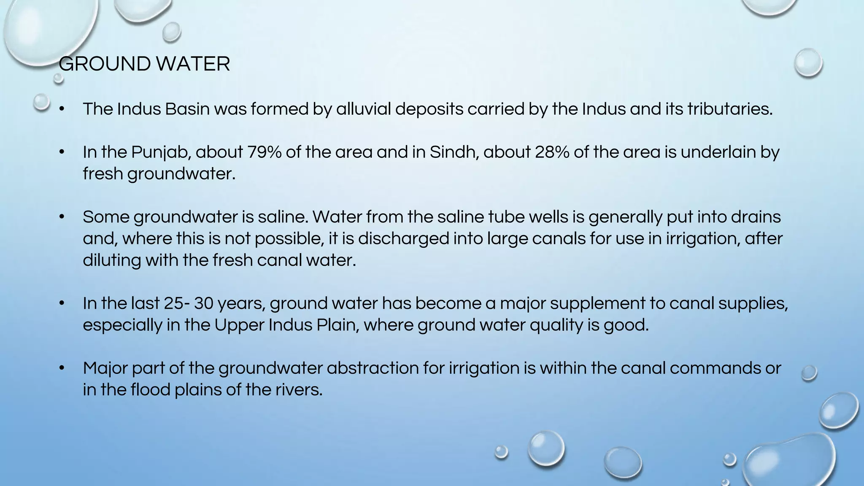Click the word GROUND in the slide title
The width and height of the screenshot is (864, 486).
[x=104, y=64]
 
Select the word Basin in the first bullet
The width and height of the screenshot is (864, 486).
[x=187, y=109]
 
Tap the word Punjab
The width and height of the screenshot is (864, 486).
[x=161, y=152]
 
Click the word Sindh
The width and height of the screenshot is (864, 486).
[x=454, y=152]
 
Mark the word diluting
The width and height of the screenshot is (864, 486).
[x=111, y=260]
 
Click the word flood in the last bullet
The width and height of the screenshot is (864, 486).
[x=150, y=389]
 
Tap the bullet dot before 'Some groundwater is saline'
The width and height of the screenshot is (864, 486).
[x=62, y=217]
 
